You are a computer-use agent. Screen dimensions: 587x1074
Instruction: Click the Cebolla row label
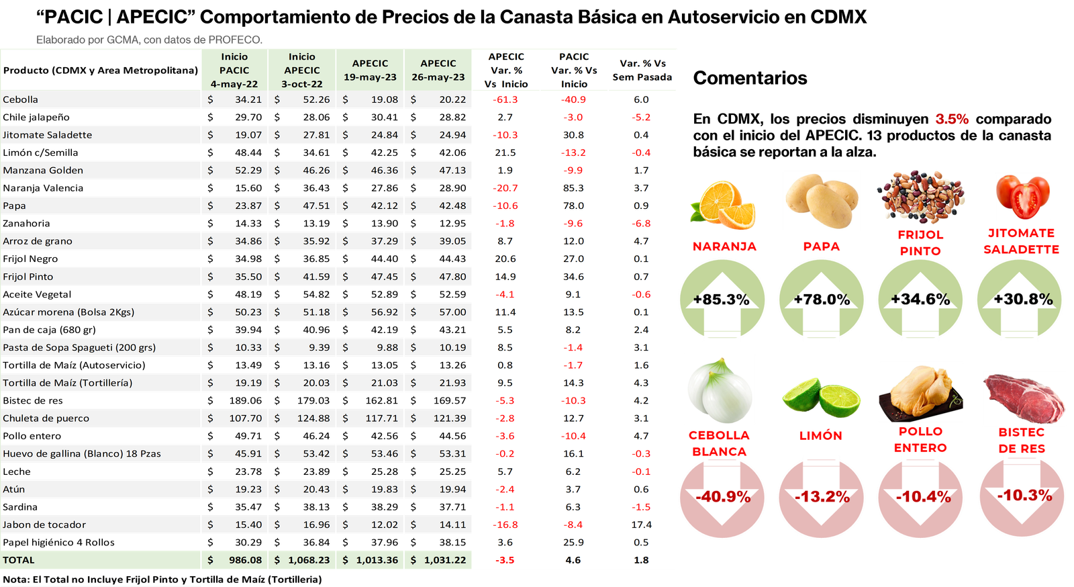[21, 99]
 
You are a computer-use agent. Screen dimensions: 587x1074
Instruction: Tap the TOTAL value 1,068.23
[309, 560]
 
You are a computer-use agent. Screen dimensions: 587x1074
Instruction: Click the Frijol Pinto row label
[28, 277]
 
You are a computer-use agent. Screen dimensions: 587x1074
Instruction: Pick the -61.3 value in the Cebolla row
[505, 99]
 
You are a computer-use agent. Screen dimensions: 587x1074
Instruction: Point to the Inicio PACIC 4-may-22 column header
[234, 71]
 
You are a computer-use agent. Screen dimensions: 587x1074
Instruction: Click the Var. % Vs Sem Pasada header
[642, 71]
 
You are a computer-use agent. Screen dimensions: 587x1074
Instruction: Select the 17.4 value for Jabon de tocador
[641, 525]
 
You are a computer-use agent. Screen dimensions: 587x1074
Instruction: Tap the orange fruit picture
[723, 204]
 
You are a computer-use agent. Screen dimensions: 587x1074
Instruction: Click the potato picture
[821, 201]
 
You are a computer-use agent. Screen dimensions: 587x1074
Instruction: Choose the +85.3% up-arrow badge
[722, 300]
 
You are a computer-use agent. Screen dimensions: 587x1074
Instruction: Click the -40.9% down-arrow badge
[722, 497]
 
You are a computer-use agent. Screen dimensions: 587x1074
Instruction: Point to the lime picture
[821, 397]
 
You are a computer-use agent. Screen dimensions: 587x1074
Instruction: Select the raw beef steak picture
[1024, 398]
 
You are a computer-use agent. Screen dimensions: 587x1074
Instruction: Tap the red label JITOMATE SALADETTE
[1021, 241]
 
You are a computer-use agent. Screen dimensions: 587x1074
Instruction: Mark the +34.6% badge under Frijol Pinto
[920, 300]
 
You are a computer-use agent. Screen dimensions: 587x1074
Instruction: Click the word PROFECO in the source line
[234, 40]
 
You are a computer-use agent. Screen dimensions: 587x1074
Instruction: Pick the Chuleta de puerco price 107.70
[245, 418]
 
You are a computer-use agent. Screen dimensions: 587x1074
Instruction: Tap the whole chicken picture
[920, 392]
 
